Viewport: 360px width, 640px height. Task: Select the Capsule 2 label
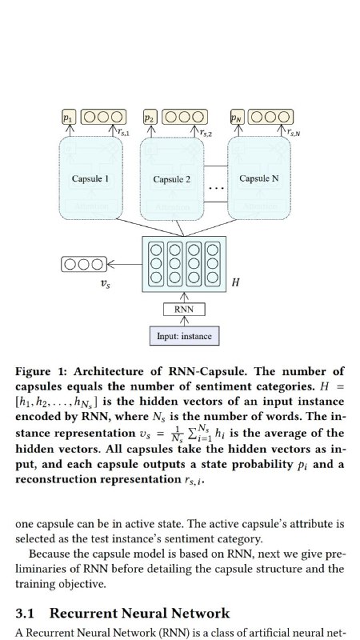coord(172,179)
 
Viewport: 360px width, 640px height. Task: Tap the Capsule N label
coord(259,178)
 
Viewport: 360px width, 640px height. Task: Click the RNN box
coord(184,310)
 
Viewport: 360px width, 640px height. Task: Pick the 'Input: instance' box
coord(184,336)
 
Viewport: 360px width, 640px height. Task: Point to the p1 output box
coord(69,117)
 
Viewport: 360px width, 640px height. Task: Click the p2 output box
coord(150,117)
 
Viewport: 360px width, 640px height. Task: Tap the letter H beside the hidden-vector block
coord(235,282)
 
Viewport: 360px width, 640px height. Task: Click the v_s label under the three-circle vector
coord(106,285)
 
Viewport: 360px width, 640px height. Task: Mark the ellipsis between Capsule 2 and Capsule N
coord(216,188)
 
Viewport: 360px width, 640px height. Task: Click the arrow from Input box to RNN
coord(184,322)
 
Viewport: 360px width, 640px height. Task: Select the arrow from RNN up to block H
coord(184,298)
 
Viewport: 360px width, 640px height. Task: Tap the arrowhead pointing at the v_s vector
coord(110,265)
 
